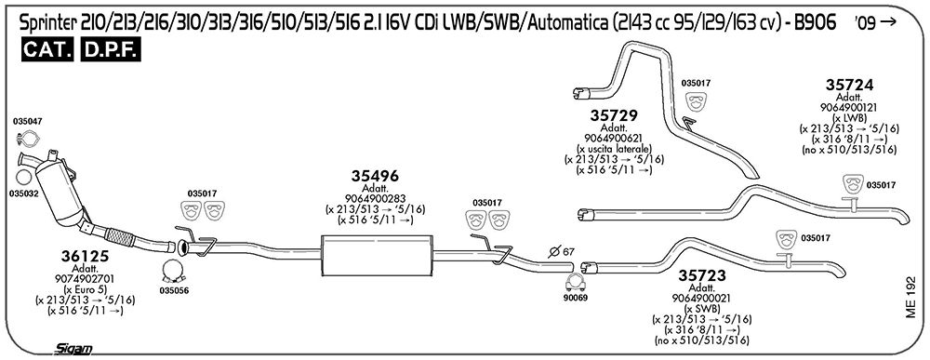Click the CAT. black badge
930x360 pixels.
(x=47, y=50)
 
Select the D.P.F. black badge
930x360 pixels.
(x=111, y=50)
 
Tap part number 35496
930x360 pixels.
(x=375, y=176)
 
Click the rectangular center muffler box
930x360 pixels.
(x=377, y=255)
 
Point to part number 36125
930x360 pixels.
(x=85, y=256)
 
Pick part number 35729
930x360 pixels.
(x=613, y=115)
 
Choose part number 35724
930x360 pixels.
(x=849, y=85)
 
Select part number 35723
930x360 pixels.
(x=702, y=275)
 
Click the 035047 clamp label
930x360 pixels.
(x=27, y=121)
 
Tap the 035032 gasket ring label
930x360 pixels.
(x=24, y=193)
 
